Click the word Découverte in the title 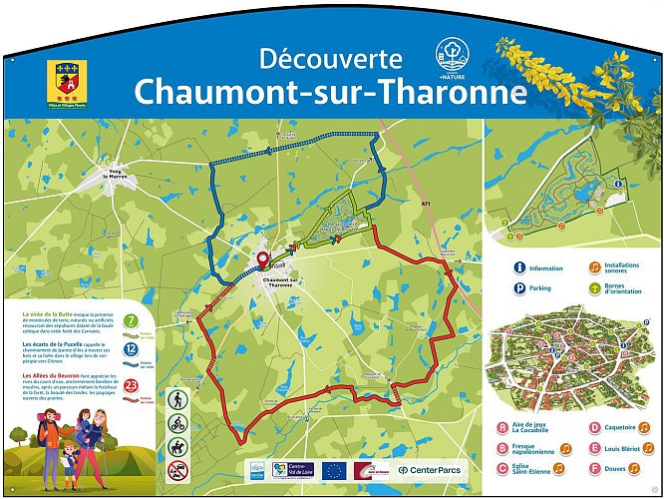point(330,59)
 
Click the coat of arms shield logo point(66,80)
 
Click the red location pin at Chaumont point(264,260)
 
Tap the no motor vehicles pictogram point(177,470)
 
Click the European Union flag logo point(333,469)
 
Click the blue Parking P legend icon point(518,289)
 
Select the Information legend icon point(518,267)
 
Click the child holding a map point(69,459)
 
